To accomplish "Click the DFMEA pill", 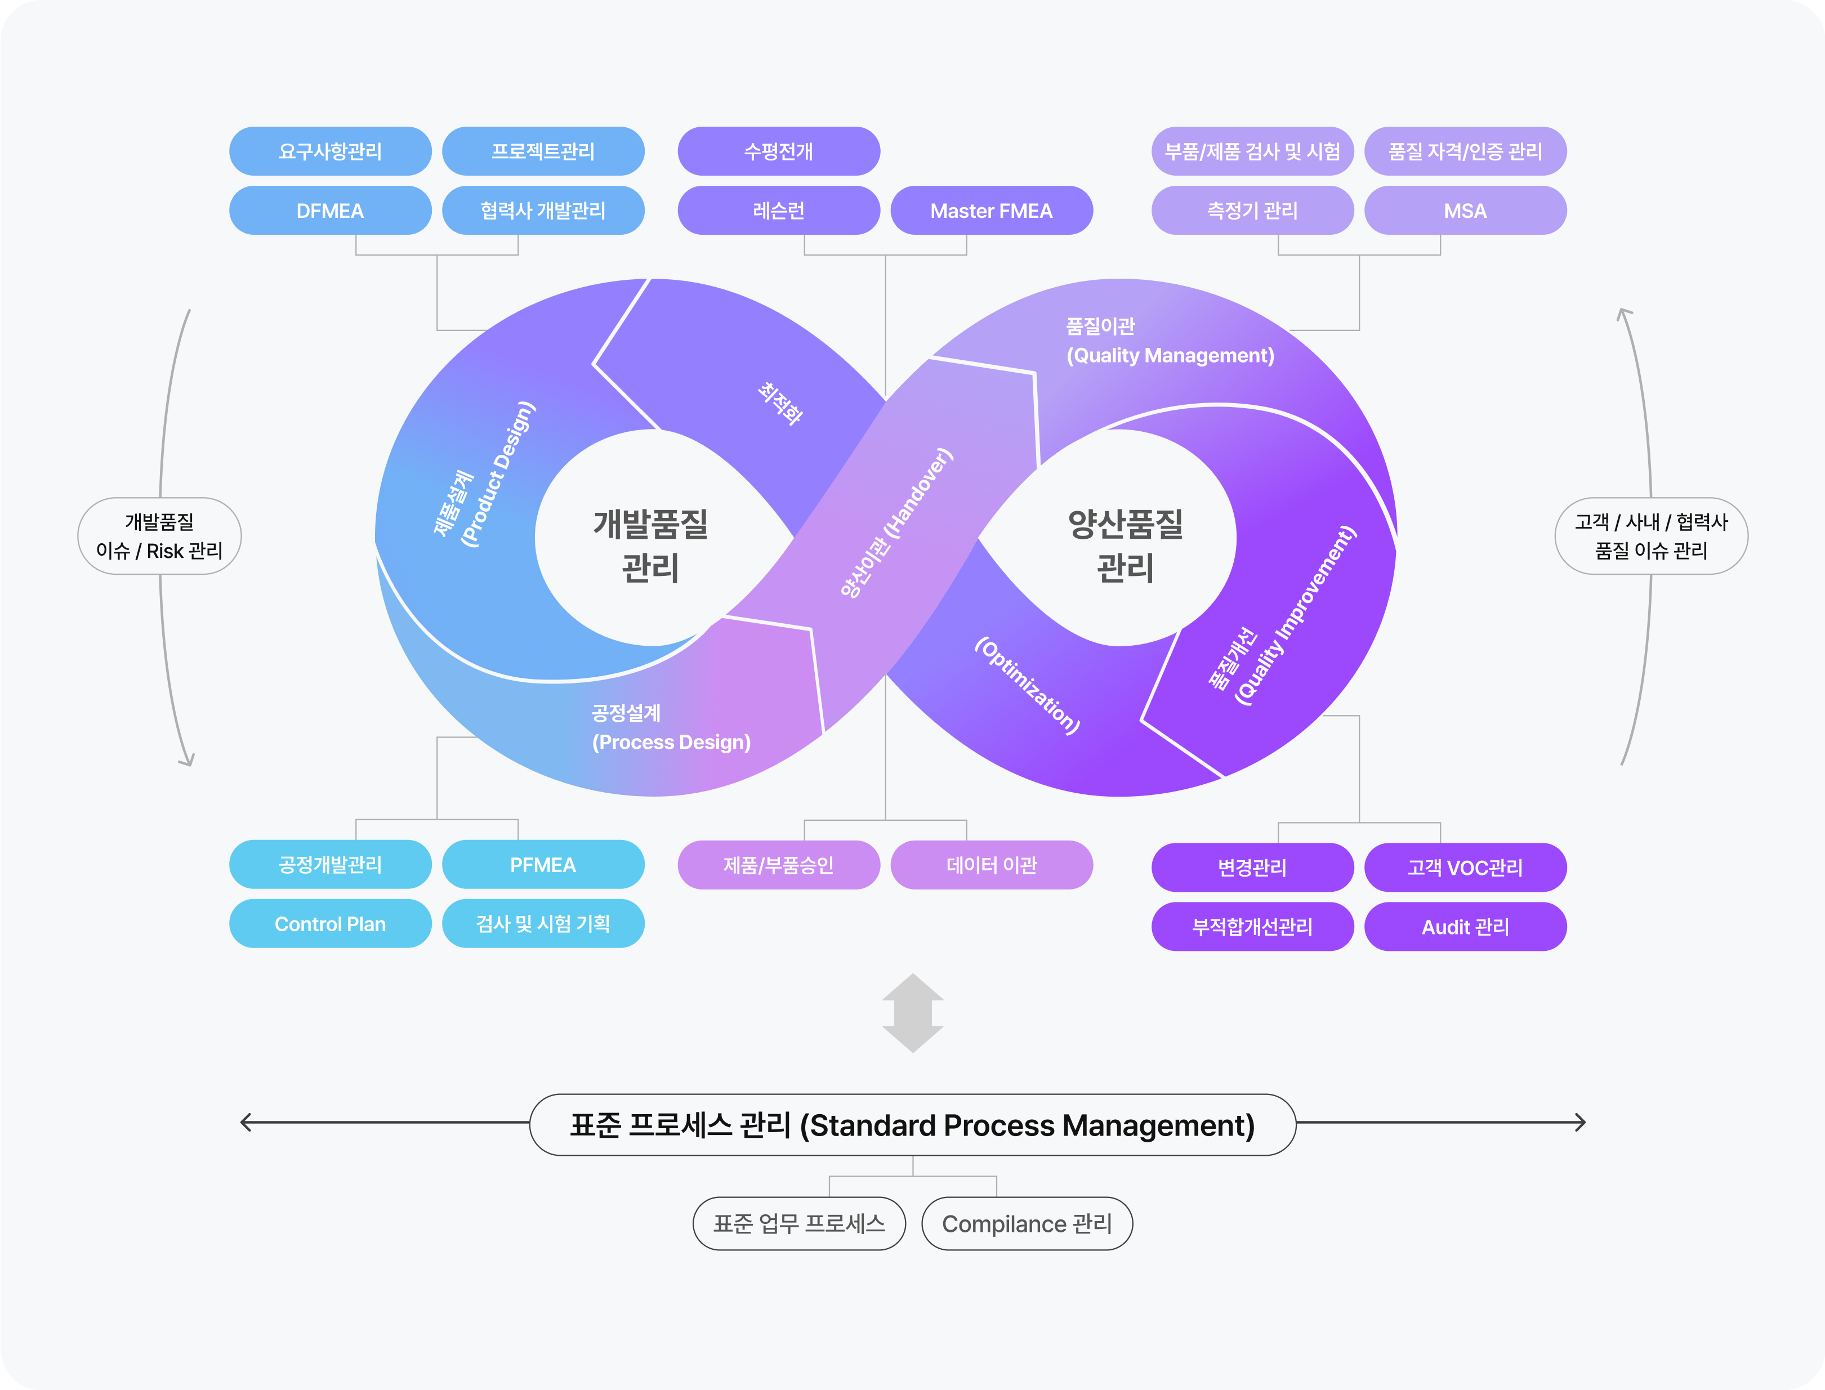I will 329,211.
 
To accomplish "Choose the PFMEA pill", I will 542,865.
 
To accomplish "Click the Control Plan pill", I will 329,924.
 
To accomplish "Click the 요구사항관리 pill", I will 329,151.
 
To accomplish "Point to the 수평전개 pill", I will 778,151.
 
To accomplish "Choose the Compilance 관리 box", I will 1027,1224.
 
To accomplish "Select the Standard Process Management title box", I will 912,1125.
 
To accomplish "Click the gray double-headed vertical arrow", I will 912,1013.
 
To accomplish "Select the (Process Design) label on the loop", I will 671,742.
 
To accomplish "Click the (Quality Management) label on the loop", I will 1170,356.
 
